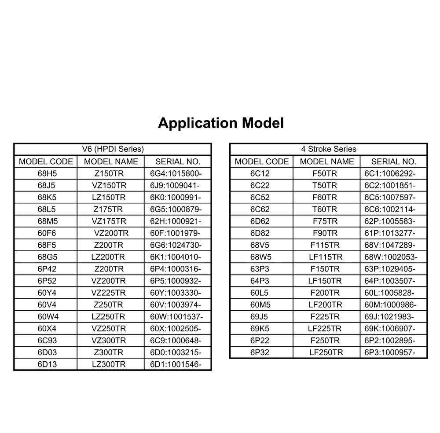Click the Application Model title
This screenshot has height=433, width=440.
pyautogui.click(x=220, y=123)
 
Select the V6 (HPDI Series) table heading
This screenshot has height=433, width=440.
pyautogui.click(x=113, y=149)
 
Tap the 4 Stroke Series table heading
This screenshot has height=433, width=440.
pyautogui.click(x=329, y=149)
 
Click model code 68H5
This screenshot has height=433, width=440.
pyautogui.click(x=48, y=173)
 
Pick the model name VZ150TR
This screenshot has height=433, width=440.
pyautogui.click(x=109, y=185)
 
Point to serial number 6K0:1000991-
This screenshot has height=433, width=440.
pyautogui.click(x=176, y=197)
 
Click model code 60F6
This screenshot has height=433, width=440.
pyautogui.click(x=48, y=233)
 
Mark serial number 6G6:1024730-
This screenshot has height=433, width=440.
pyautogui.click(x=176, y=245)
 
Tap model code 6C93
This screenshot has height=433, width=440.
pyautogui.click(x=48, y=340)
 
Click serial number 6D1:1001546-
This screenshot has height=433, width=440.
pyautogui.click(x=176, y=364)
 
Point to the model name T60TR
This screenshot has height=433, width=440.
pyautogui.click(x=325, y=209)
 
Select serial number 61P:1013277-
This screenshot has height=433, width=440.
pyautogui.click(x=390, y=233)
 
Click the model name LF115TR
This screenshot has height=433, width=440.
pyautogui.click(x=326, y=257)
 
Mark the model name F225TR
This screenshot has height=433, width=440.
pyautogui.click(x=325, y=316)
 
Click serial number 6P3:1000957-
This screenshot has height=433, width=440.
pyautogui.click(x=390, y=352)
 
